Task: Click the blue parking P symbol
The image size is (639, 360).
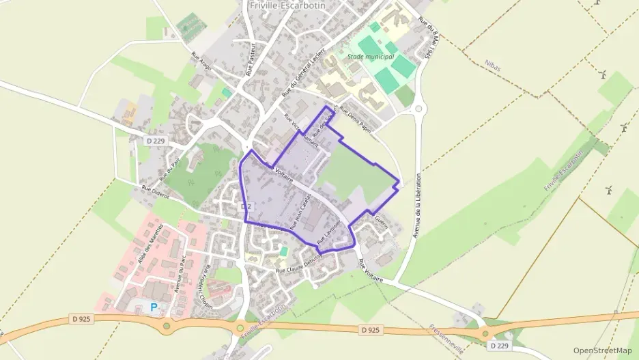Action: pos(154,307)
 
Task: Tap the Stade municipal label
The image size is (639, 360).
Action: pos(371,57)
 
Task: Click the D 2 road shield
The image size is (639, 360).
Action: pos(247,206)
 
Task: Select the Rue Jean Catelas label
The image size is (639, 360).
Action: pos(301,210)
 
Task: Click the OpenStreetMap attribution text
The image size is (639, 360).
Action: pos(603,350)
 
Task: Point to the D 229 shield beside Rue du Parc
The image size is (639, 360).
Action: pos(156,141)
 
